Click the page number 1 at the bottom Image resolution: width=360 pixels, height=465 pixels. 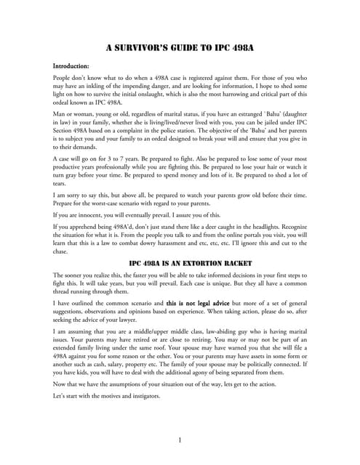tap(180, 440)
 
